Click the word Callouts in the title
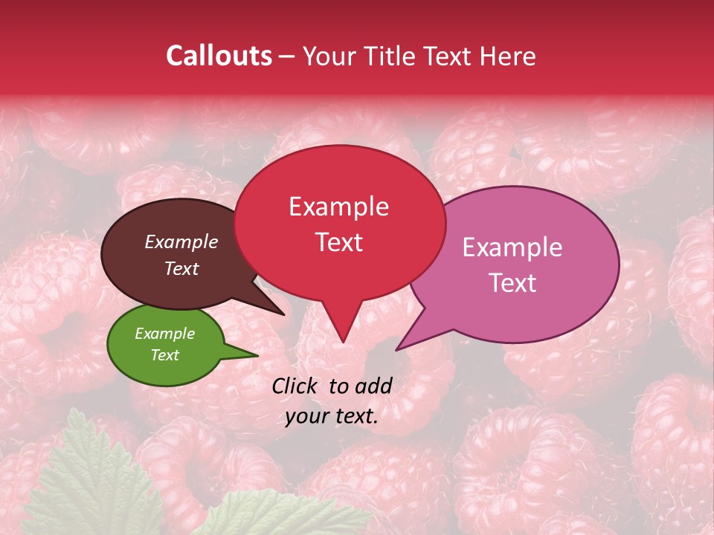point(219,56)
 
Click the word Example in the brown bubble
point(181,241)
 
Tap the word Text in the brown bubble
point(181,268)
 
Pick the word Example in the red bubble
point(338,207)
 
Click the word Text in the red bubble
point(338,242)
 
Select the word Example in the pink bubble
point(512,247)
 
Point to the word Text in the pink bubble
point(512,282)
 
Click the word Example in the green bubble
point(164,334)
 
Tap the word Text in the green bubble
point(164,355)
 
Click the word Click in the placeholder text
point(297,386)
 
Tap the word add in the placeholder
point(374,386)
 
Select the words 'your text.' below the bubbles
point(332,416)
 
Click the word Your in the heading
point(328,56)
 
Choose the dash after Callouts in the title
point(288,56)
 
